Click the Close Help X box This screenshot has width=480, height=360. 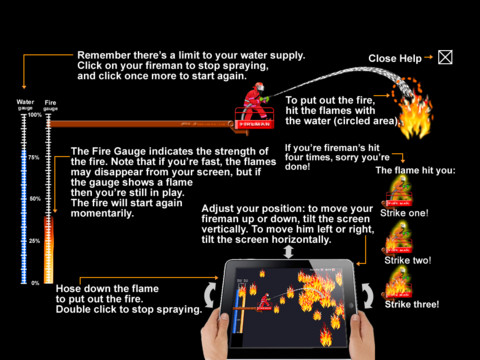click(445, 57)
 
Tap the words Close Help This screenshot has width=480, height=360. click(395, 59)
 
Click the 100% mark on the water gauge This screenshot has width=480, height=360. click(35, 115)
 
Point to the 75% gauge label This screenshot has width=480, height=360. click(34, 157)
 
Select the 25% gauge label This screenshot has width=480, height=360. click(34, 241)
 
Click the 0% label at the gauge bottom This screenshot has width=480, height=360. click(35, 283)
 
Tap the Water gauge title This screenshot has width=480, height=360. click(25, 105)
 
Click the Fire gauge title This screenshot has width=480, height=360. click(50, 105)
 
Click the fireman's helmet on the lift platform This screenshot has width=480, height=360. click(259, 87)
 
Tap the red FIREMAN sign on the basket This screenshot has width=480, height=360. click(255, 124)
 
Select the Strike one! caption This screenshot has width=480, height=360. click(404, 213)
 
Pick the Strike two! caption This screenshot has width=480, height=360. click(408, 260)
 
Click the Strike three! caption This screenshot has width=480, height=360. click(412, 304)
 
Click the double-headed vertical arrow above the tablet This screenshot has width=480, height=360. click(288, 252)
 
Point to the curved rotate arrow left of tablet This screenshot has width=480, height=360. click(209, 295)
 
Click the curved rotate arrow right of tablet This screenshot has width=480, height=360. click(368, 296)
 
